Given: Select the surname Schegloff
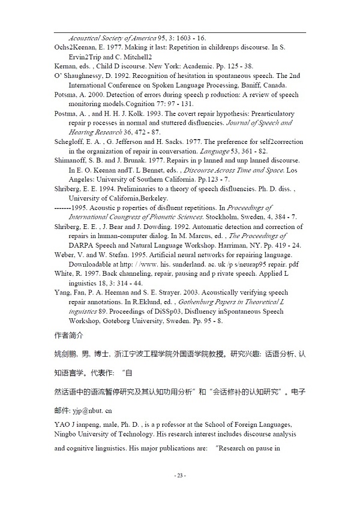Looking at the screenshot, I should point(71,142).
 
